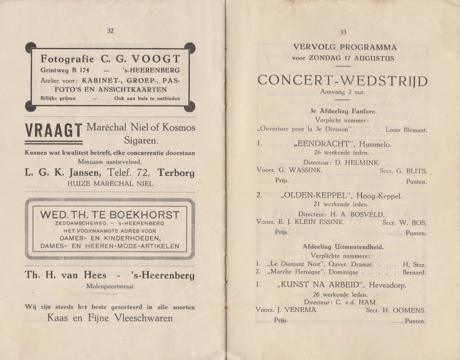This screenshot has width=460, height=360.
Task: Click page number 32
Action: click(x=110, y=30)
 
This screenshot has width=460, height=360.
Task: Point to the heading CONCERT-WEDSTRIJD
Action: click(x=343, y=81)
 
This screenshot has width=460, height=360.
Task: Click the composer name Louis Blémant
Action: click(x=405, y=130)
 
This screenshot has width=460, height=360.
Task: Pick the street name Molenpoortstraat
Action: click(x=110, y=287)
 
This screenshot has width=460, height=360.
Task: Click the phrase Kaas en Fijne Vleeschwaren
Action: click(x=110, y=318)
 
